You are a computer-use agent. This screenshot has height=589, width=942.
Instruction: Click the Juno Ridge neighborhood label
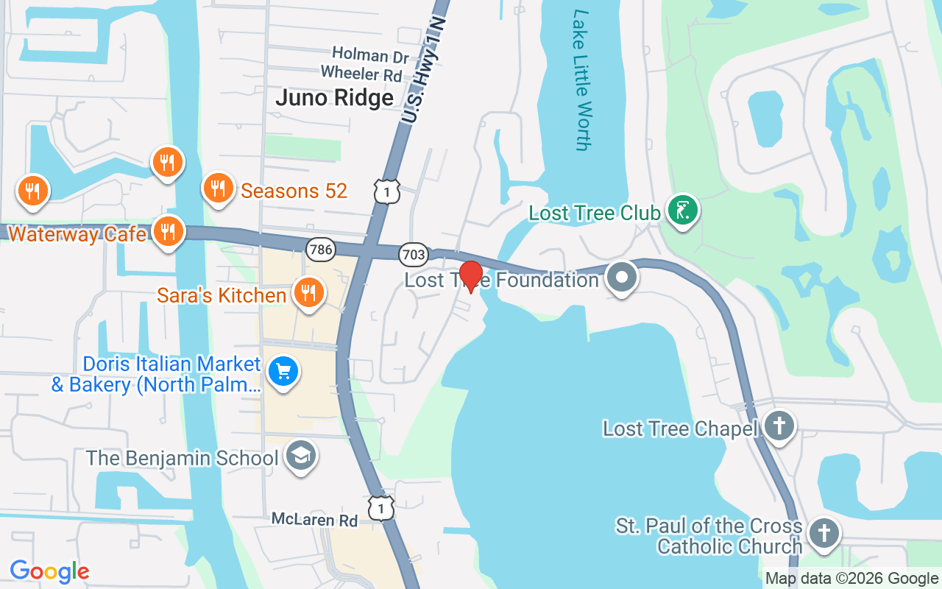click(335, 98)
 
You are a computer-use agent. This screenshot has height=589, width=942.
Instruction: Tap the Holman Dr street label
click(359, 54)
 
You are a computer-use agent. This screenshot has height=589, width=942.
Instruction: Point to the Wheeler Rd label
click(361, 74)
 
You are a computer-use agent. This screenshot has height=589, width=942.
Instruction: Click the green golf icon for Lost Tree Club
click(682, 211)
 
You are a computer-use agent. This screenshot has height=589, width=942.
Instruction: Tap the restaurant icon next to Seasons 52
click(218, 188)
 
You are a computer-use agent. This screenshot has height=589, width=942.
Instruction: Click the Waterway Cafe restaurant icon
click(169, 232)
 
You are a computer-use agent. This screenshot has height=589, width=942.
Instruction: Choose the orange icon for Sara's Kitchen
click(308, 293)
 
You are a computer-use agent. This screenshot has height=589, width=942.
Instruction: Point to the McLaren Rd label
click(314, 520)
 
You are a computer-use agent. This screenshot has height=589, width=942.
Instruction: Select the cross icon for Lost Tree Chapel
click(778, 426)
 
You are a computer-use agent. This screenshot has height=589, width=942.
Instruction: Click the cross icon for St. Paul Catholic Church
click(823, 533)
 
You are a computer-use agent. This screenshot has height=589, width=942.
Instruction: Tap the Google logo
click(49, 571)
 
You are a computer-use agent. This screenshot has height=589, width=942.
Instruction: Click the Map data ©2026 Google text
click(851, 579)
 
